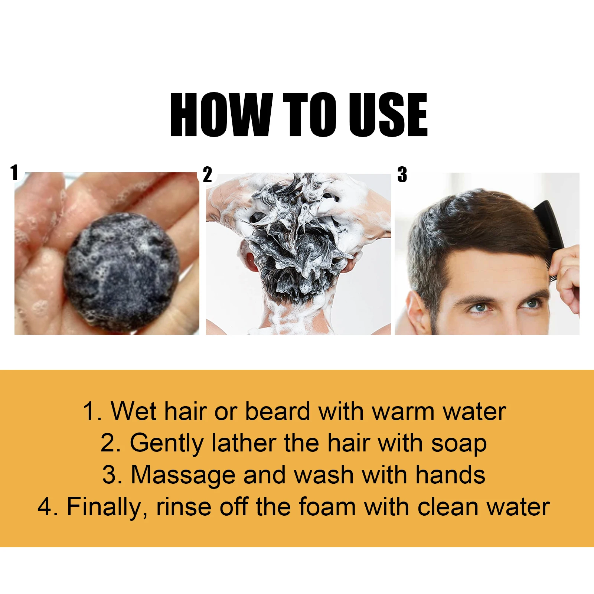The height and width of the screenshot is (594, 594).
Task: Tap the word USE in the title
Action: pos(388,115)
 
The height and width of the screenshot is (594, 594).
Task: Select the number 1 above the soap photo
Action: pos(14,173)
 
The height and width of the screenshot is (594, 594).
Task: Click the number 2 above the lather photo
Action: pos(208,174)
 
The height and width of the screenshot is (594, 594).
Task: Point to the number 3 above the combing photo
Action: pos(402,174)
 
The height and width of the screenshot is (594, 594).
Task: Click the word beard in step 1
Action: pos(277,412)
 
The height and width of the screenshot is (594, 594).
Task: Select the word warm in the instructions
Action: pos(404,412)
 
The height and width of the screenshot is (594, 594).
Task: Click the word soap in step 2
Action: pos(459,444)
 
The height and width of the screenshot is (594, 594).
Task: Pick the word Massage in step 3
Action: pos(183,476)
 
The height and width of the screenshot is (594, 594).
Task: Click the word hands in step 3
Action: pos(450,475)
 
